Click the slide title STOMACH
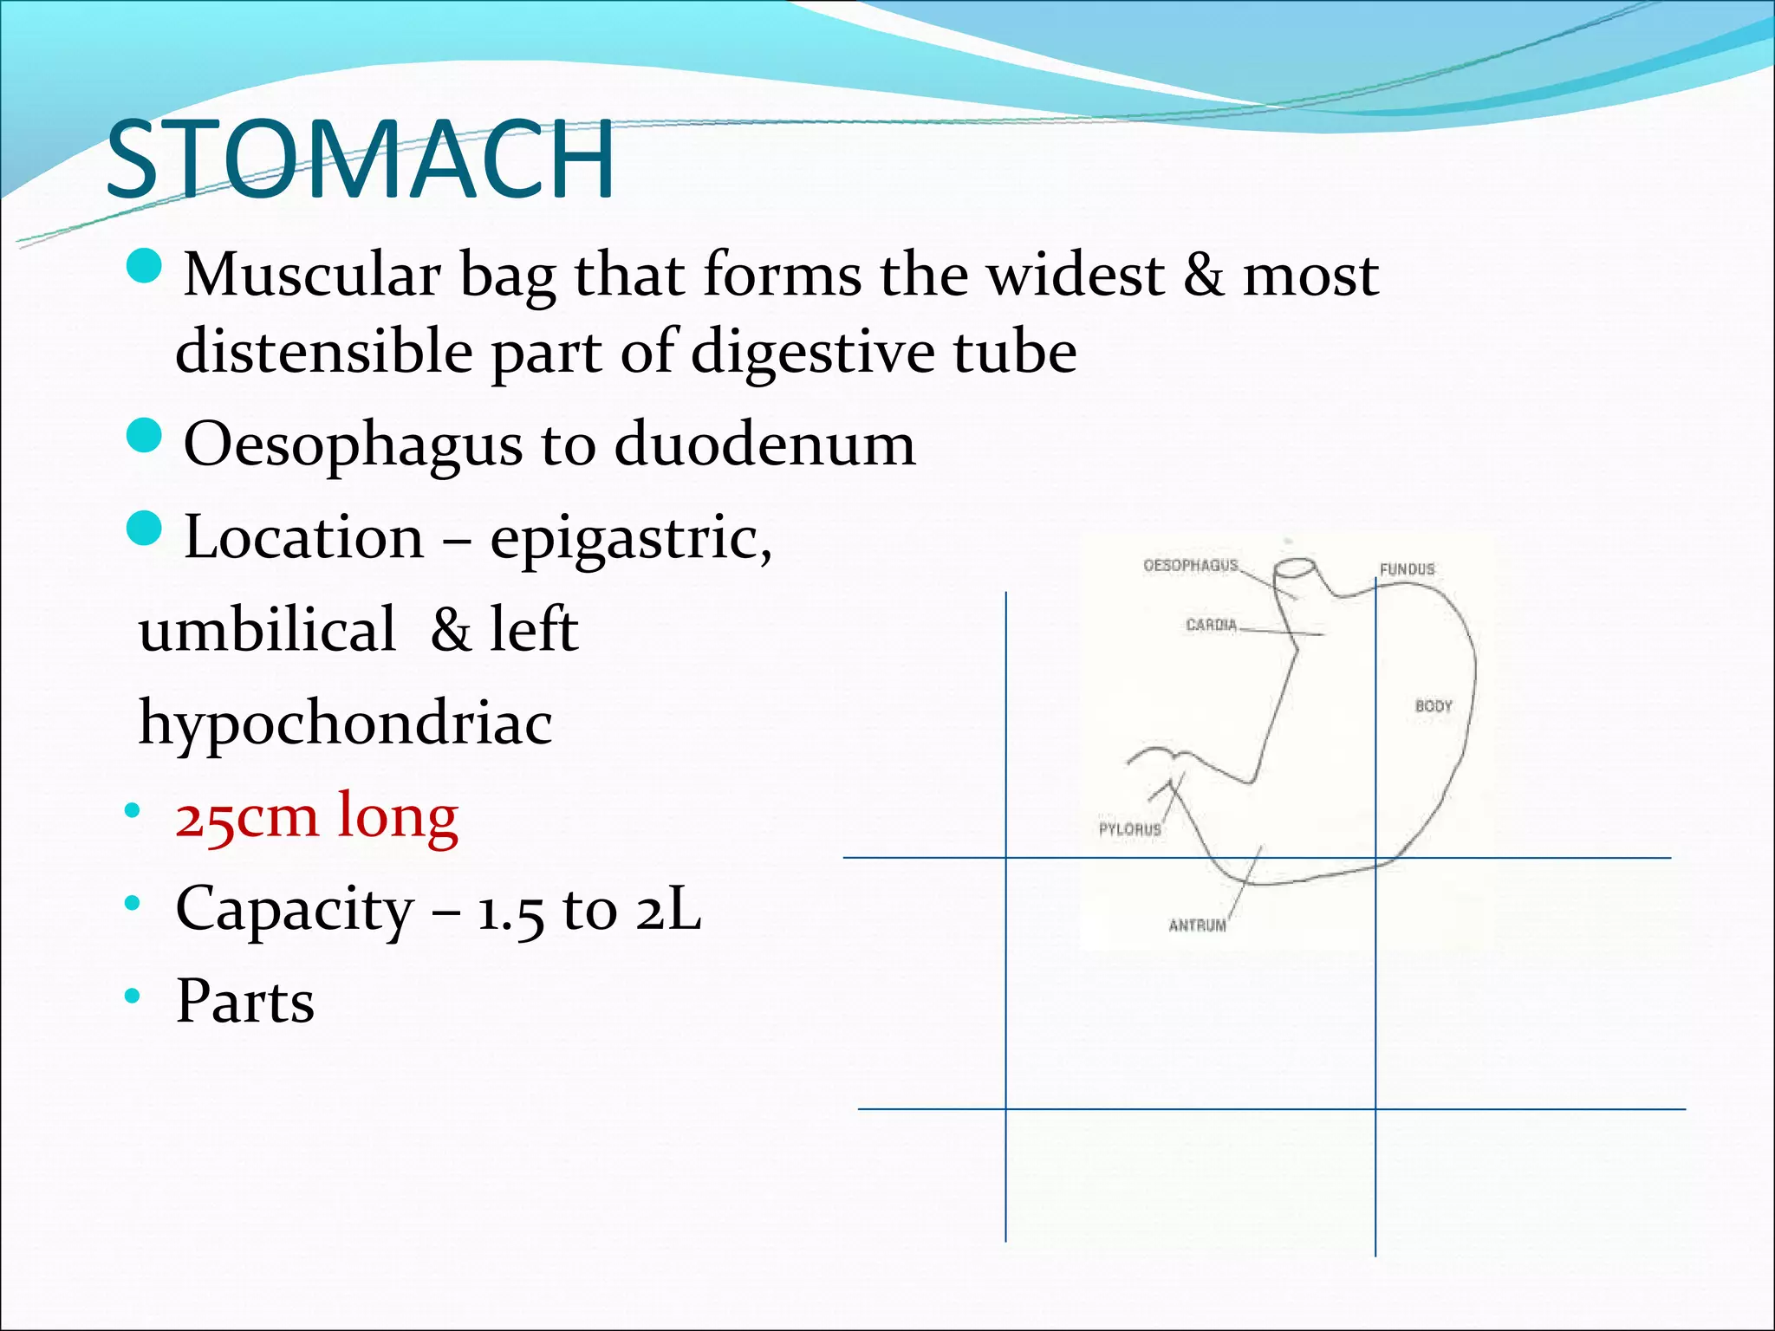coord(360,161)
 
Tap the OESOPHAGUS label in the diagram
coord(1190,566)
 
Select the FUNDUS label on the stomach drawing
coord(1407,569)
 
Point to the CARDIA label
coord(1211,625)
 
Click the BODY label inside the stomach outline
coord(1433,706)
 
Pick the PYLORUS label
coord(1129,829)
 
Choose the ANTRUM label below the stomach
coord(1197,925)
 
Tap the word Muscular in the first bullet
coord(312,274)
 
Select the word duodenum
coord(764,444)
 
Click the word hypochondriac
coord(345,722)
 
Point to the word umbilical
coord(267,629)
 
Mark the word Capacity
coord(295,909)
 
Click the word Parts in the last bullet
coord(244,1001)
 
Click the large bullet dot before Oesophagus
coord(144,436)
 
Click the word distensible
coord(324,352)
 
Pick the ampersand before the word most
coord(1204,274)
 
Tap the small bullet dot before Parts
coord(132,997)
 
